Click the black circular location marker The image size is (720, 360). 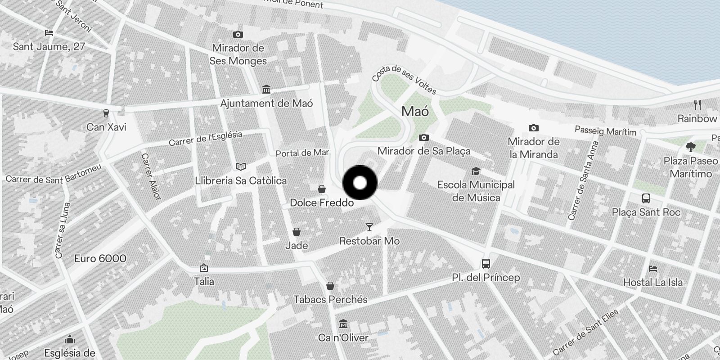(360, 183)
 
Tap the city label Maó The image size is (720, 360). (415, 112)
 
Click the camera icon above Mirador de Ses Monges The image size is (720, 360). (238, 34)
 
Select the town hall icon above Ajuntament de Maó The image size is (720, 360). (266, 90)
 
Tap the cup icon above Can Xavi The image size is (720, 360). (106, 113)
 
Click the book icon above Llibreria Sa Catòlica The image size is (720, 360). (241, 167)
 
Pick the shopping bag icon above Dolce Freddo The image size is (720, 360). (321, 189)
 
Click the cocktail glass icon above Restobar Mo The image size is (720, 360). (369, 227)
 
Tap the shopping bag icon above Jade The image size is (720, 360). (297, 232)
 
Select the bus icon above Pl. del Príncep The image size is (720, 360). (486, 264)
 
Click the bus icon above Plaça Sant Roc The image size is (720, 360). (646, 198)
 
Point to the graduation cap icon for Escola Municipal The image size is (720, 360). (476, 171)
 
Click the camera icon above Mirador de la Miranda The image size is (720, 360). (533, 128)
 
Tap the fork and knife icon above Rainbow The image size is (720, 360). (697, 105)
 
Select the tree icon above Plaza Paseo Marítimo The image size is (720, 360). (690, 147)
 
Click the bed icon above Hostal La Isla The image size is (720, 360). (653, 269)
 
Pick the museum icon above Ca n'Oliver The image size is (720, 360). (343, 324)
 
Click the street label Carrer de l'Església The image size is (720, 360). (205, 139)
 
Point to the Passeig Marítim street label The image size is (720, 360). (606, 131)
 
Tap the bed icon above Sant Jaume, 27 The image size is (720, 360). (49, 32)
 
